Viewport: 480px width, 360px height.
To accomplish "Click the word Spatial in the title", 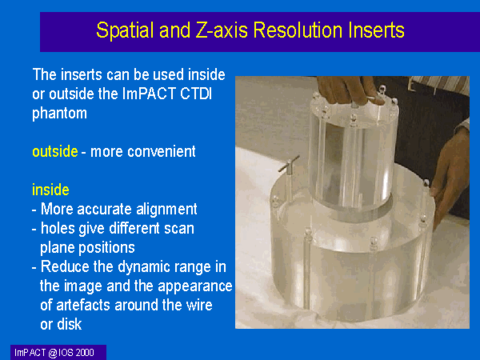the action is [125, 30].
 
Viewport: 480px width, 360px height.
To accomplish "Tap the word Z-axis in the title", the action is [222, 30].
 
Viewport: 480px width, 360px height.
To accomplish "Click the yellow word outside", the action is [55, 151].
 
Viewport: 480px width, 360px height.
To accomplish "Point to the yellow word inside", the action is [50, 190].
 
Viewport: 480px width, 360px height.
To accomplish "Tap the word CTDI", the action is [196, 94].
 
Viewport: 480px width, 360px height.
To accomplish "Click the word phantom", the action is [59, 114].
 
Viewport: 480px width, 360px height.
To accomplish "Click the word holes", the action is [58, 228].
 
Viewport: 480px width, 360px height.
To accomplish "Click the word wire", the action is [199, 306].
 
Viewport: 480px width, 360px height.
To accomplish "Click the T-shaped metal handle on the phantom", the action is [288, 163].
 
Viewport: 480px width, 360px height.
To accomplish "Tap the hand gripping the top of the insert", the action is [349, 90].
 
